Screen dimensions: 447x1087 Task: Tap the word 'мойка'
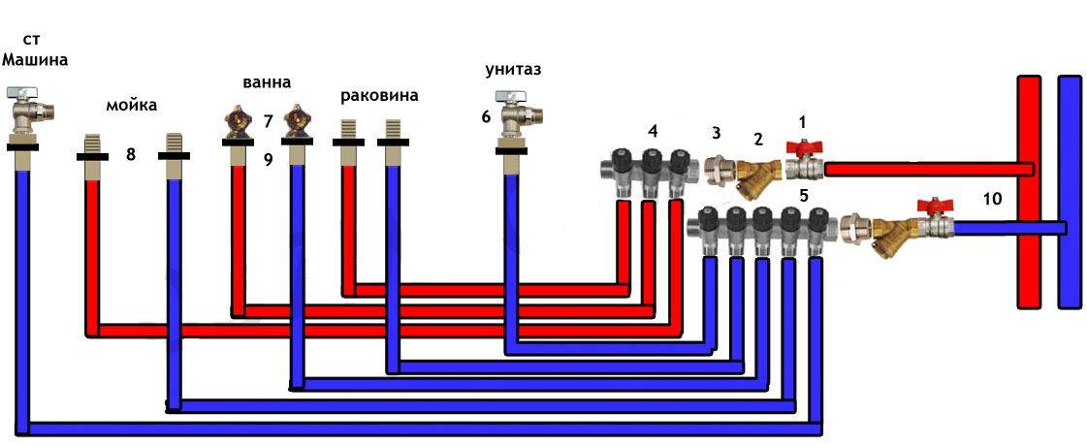click(x=131, y=105)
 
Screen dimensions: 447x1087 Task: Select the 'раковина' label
click(x=379, y=96)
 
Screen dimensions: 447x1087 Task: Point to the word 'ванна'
click(x=266, y=82)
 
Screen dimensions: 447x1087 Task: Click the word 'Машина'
click(x=36, y=59)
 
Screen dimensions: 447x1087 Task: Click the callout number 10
click(x=992, y=199)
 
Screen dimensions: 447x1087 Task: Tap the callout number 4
click(x=653, y=130)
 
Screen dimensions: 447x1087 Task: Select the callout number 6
click(x=486, y=116)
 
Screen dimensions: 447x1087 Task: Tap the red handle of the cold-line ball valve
click(x=935, y=206)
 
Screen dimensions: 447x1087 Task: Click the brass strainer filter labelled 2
click(x=755, y=174)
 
